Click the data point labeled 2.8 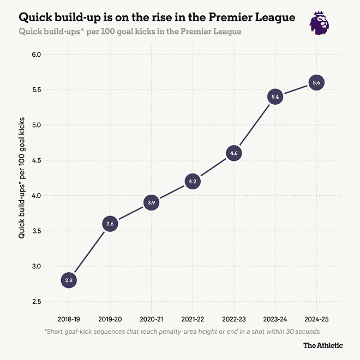pyautogui.click(x=69, y=280)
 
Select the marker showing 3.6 pyautogui.click(x=110, y=224)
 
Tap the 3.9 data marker pyautogui.click(x=151, y=202)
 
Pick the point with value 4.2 pyautogui.click(x=193, y=181)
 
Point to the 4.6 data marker pyautogui.click(x=234, y=153)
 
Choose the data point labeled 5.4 pyautogui.click(x=275, y=97)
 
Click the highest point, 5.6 pyautogui.click(x=316, y=83)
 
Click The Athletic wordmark pyautogui.click(x=323, y=345)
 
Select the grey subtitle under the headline pyautogui.click(x=130, y=32)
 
